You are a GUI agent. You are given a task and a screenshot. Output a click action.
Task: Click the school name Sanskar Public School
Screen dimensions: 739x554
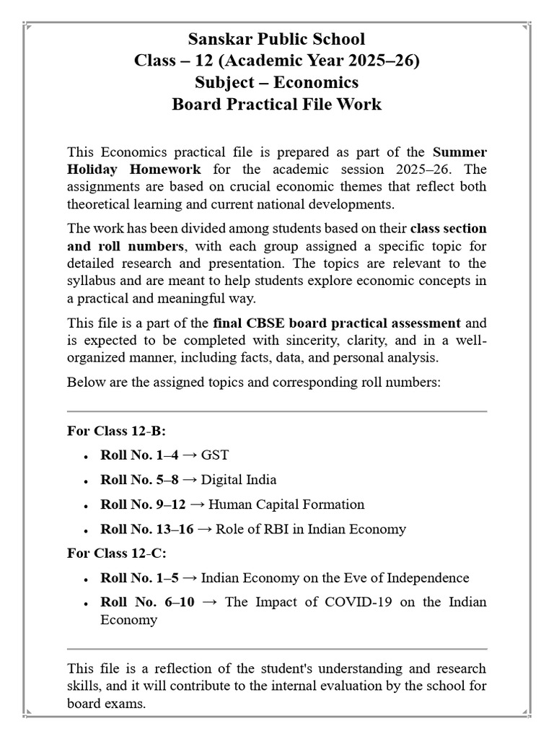tap(276, 39)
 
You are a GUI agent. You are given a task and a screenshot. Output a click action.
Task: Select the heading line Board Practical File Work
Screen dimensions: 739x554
tap(276, 104)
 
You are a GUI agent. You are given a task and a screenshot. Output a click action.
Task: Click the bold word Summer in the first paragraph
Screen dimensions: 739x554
tap(460, 152)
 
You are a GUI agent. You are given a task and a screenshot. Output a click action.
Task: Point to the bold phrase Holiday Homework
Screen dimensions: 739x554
tap(134, 170)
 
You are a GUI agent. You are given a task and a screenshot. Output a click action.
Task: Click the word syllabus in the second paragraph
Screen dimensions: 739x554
tap(92, 280)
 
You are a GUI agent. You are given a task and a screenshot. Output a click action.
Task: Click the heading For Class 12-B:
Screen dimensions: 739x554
tap(116, 431)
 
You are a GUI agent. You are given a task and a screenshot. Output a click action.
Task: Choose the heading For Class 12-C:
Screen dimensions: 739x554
tap(116, 554)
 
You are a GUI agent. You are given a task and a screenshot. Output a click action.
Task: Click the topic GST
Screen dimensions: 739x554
tap(215, 455)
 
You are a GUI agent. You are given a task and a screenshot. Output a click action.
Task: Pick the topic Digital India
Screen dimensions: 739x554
tap(239, 480)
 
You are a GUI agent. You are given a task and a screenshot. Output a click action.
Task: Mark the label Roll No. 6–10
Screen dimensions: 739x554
tap(148, 603)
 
